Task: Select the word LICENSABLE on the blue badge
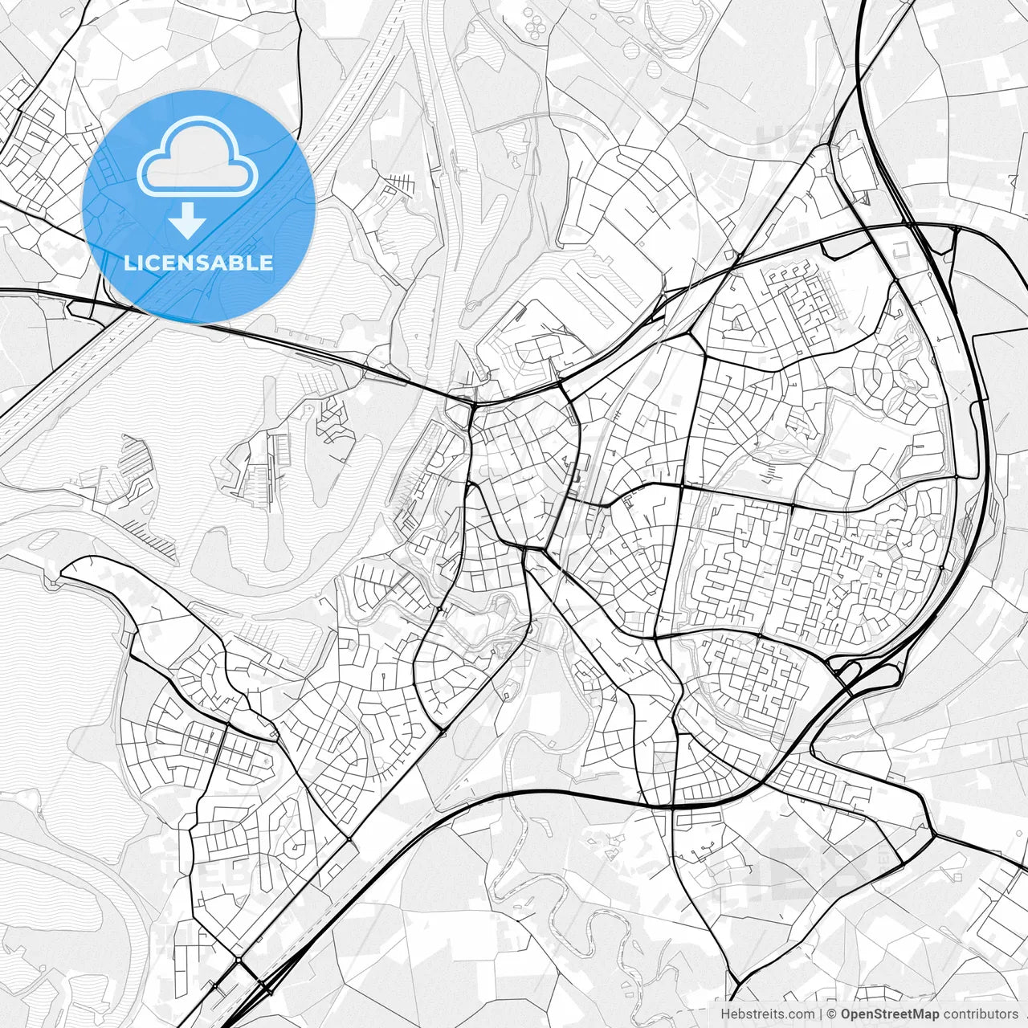coord(198,263)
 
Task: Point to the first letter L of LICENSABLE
coord(129,263)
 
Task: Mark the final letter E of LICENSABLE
coord(266,263)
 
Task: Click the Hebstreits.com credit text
coord(767,1014)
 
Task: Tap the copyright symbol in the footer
coord(832,1014)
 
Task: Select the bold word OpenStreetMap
coord(890,1014)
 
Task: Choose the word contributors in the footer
coord(981,1014)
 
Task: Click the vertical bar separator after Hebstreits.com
coord(821,1014)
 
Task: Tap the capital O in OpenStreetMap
coord(846,1014)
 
